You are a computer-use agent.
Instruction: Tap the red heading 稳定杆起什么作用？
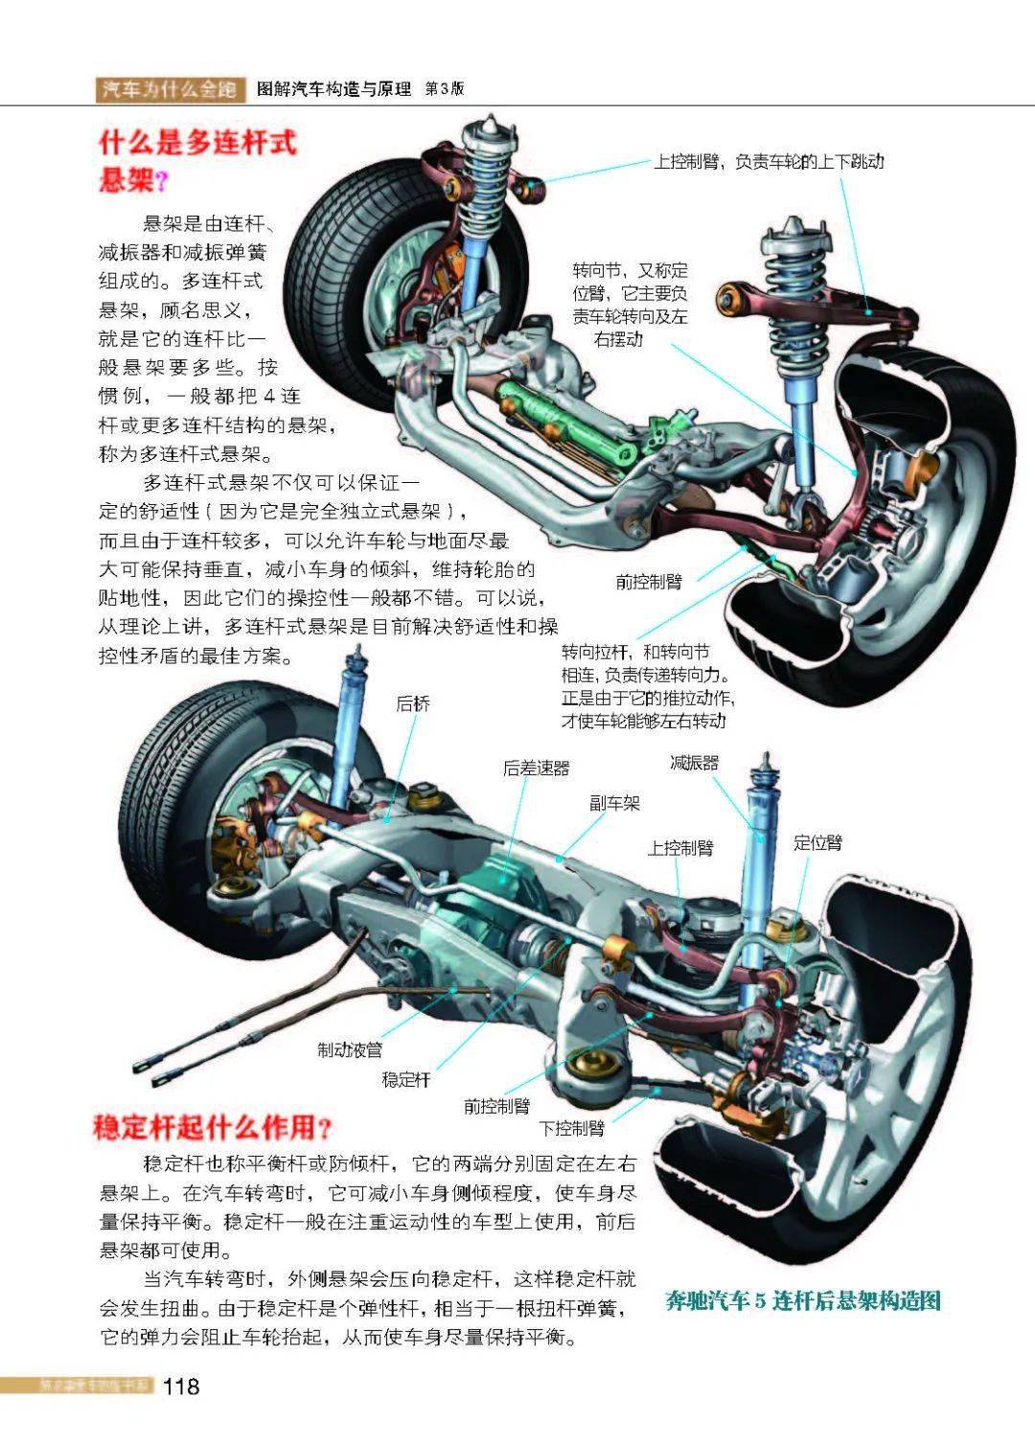coord(212,1126)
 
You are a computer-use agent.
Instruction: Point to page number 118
coord(181,1386)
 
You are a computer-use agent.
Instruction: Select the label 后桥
coord(413,703)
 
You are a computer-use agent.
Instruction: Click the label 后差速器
coord(537,768)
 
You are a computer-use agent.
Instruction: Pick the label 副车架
coord(614,803)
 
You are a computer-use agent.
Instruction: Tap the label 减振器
coord(694,763)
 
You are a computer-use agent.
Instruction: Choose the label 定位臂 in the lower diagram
coord(817,842)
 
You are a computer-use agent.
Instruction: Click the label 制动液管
coord(350,1050)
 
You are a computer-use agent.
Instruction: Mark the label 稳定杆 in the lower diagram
coord(406,1079)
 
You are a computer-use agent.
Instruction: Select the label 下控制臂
coord(571,1128)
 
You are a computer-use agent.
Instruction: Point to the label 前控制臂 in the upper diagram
coord(649,581)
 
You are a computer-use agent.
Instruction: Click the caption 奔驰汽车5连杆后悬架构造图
coord(803,1300)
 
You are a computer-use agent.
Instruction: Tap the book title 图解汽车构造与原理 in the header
coord(334,89)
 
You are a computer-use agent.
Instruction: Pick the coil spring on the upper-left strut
coord(489,182)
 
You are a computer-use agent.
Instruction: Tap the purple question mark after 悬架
coord(160,181)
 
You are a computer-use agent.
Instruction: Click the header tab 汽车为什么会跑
coord(169,89)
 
